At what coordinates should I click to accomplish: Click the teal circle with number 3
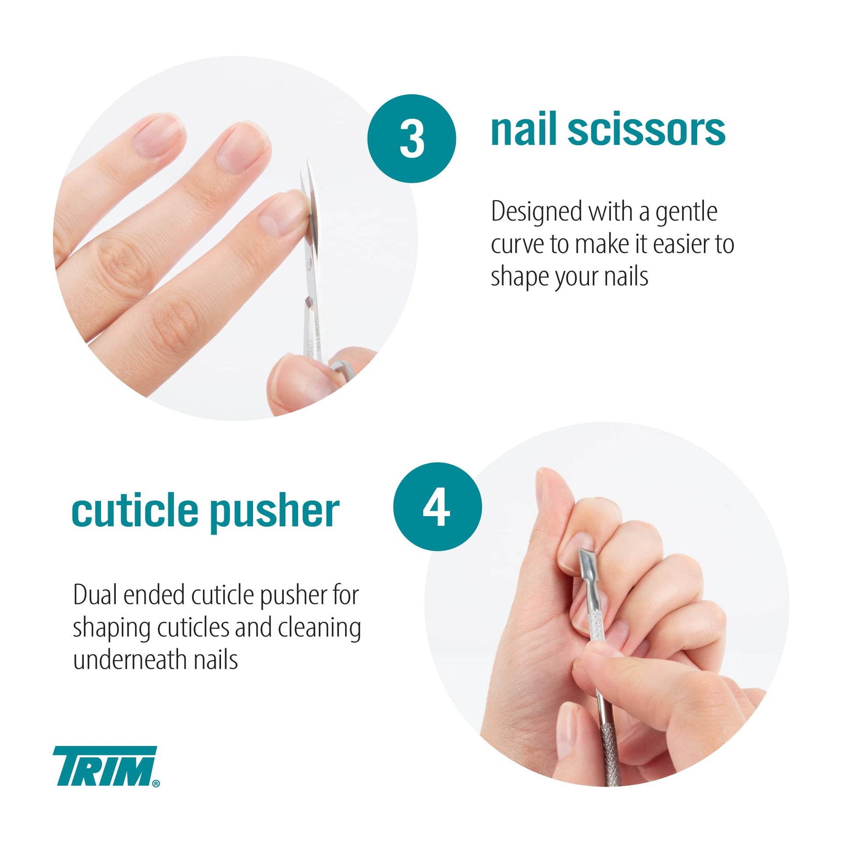pos(412,139)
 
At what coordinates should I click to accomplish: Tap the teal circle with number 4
pos(437,507)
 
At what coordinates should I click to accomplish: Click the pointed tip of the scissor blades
pos(308,161)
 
